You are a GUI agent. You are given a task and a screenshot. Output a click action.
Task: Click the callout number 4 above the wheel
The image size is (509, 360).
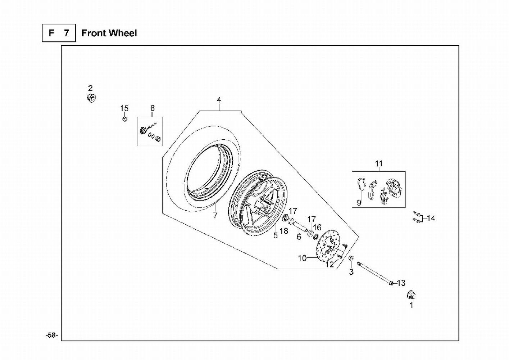click(219, 100)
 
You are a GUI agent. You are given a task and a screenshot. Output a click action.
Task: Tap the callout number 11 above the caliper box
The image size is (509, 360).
click(378, 163)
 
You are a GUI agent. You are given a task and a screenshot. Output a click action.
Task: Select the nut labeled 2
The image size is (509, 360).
click(91, 98)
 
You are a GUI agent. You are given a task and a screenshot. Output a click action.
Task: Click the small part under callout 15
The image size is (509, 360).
click(125, 119)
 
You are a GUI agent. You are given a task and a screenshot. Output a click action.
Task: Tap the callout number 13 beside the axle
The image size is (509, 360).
click(401, 283)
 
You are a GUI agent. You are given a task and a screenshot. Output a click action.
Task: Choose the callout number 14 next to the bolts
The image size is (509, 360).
click(431, 218)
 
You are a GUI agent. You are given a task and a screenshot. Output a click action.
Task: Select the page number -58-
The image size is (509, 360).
click(52, 335)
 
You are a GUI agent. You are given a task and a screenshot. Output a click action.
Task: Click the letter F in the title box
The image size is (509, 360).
click(51, 33)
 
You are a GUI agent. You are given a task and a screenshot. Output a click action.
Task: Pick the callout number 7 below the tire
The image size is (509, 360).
click(215, 215)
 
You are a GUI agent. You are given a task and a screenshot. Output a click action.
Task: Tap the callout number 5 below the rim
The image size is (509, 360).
click(276, 235)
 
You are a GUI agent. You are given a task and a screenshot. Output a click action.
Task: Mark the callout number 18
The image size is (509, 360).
click(284, 231)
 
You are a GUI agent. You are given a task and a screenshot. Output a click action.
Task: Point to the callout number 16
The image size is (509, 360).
click(317, 227)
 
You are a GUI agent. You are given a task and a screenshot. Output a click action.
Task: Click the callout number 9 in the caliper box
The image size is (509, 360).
click(359, 202)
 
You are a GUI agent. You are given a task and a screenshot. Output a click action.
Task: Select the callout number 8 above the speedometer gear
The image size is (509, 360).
click(152, 108)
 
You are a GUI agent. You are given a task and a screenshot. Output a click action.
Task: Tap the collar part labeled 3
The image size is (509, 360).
click(351, 258)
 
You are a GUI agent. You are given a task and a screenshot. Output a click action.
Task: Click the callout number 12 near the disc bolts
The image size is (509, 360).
click(330, 264)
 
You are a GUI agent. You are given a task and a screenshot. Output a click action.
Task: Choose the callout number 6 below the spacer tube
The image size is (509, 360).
click(299, 237)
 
